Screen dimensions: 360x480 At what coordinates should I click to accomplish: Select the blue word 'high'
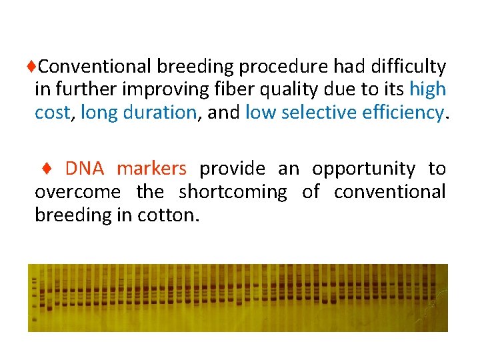click(x=427, y=89)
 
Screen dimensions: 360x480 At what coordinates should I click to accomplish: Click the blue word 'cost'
click(x=52, y=113)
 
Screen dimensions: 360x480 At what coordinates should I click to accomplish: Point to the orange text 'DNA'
click(x=85, y=169)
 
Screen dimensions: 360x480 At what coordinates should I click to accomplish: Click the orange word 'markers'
click(x=151, y=169)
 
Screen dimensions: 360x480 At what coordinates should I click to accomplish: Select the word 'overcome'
click(x=77, y=193)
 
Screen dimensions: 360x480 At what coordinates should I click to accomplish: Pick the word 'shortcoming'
click(x=233, y=193)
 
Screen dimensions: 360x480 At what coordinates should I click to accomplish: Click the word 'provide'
click(x=232, y=169)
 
